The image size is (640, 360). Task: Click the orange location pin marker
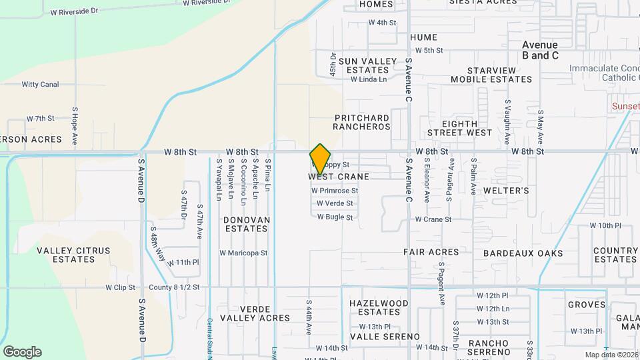pyautogui.click(x=320, y=159)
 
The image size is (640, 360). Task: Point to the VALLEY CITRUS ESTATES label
pyautogui.click(x=73, y=255)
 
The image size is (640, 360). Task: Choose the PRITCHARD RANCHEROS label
pyautogui.click(x=362, y=122)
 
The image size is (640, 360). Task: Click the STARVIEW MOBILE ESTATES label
pyautogui.click(x=491, y=75)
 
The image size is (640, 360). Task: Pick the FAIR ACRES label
pyautogui.click(x=431, y=253)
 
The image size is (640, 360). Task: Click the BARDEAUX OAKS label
pyautogui.click(x=523, y=253)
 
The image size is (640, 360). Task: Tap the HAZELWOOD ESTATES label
pyautogui.click(x=379, y=307)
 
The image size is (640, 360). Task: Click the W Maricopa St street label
pyautogui.click(x=243, y=253)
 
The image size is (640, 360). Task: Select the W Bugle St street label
pyautogui.click(x=335, y=217)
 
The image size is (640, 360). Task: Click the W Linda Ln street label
pyautogui.click(x=369, y=79)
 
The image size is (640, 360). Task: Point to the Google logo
pyautogui.click(x=22, y=352)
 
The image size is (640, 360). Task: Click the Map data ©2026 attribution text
pyautogui.click(x=611, y=355)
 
